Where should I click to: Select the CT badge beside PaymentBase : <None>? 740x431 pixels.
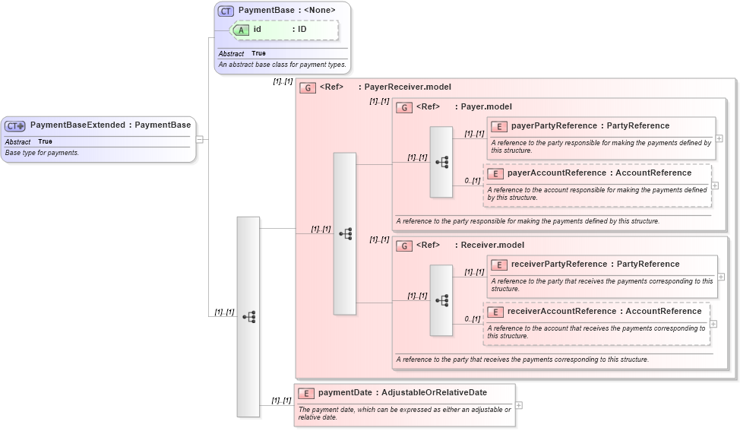[226, 11]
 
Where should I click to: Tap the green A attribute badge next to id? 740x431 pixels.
[241, 30]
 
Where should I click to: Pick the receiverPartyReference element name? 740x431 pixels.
[559, 264]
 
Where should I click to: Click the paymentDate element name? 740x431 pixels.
[346, 392]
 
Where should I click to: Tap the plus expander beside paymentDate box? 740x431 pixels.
[519, 405]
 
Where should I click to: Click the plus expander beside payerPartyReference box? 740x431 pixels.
[719, 138]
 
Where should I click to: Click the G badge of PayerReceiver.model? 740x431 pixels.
[308, 87]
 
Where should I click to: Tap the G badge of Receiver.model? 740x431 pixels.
[404, 246]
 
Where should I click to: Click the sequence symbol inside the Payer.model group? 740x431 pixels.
[441, 162]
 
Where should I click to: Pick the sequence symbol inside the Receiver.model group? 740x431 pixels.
[441, 300]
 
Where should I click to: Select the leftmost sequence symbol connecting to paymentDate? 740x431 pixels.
[248, 316]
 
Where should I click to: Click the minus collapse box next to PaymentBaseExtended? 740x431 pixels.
[199, 139]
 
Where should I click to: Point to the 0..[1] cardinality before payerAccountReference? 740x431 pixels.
[472, 181]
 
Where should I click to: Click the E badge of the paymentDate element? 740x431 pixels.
[306, 393]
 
